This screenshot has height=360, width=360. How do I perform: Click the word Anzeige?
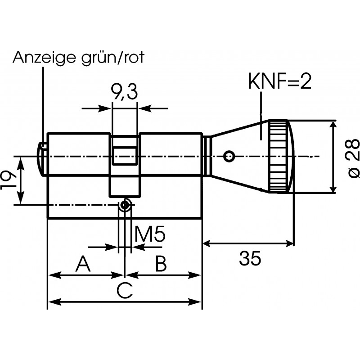(x=44, y=58)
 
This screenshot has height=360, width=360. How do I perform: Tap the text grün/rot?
(x=113, y=58)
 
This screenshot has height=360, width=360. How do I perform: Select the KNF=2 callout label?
(x=280, y=82)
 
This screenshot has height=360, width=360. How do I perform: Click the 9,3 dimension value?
(x=124, y=92)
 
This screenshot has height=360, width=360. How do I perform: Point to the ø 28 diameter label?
(x=353, y=158)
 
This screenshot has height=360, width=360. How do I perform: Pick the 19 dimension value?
(x=8, y=180)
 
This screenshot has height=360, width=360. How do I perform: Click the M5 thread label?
(x=150, y=234)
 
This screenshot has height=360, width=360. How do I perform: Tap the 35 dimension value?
(x=250, y=258)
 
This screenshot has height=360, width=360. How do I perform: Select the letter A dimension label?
(x=83, y=264)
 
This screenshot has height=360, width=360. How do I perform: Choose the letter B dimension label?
(x=161, y=264)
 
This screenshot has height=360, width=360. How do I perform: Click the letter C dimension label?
(x=125, y=291)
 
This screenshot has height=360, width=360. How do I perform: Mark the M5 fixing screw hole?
(x=125, y=205)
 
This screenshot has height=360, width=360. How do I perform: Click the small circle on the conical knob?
(x=229, y=156)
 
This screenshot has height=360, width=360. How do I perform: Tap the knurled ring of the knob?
(x=278, y=156)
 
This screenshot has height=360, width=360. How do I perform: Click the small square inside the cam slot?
(x=125, y=155)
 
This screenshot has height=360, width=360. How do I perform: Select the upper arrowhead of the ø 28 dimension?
(x=333, y=126)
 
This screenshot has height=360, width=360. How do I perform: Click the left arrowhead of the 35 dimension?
(x=207, y=244)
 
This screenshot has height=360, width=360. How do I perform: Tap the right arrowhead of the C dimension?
(x=195, y=301)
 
